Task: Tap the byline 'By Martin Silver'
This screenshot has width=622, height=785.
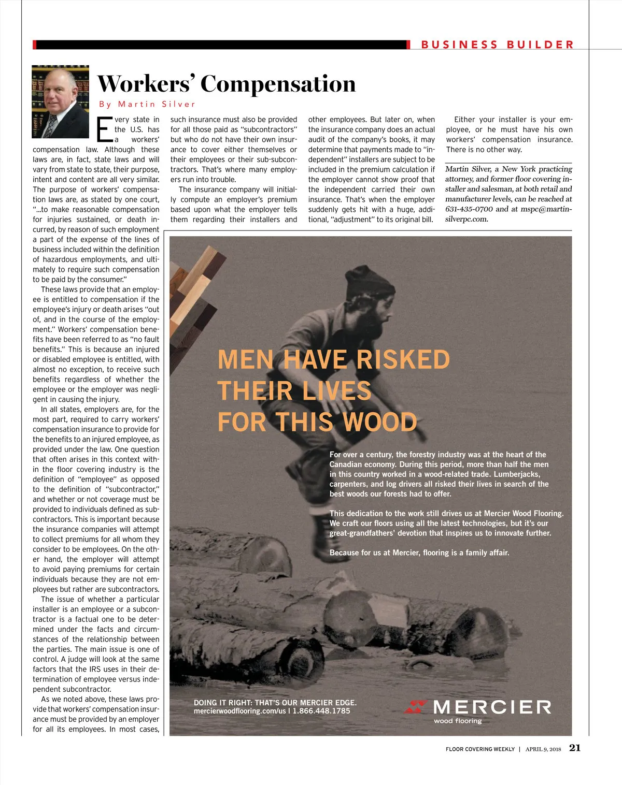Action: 147,105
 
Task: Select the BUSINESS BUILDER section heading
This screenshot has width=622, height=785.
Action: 497,45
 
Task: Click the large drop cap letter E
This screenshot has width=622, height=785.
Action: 104,129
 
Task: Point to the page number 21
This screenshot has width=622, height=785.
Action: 575,748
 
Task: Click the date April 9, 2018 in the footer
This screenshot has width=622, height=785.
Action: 543,749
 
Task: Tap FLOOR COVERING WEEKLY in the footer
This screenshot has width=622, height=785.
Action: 480,749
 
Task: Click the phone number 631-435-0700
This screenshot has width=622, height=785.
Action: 469,209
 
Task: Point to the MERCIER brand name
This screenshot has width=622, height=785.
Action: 491,707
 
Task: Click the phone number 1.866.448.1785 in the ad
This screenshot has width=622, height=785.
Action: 321,711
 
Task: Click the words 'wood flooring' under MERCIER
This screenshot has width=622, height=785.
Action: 457,721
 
